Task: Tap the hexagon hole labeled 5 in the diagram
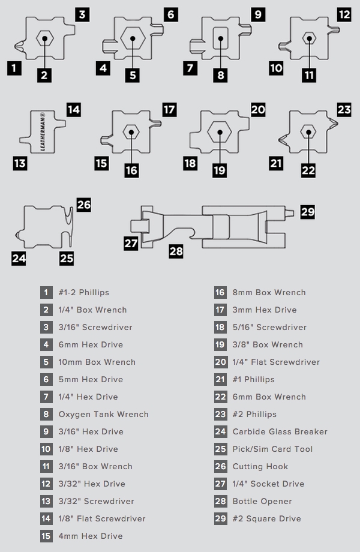click(x=133, y=38)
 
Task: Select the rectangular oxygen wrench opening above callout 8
click(x=220, y=38)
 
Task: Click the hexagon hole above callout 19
click(x=220, y=133)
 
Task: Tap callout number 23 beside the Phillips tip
click(x=344, y=110)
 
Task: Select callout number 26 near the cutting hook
click(x=84, y=205)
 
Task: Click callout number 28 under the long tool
click(x=176, y=251)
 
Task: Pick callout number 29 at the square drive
click(x=308, y=212)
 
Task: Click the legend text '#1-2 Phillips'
click(x=84, y=293)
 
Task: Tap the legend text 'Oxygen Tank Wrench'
click(x=103, y=415)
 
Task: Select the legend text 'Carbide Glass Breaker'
click(x=280, y=432)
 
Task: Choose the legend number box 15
click(x=47, y=536)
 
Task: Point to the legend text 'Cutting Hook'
click(x=260, y=467)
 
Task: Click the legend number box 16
click(x=220, y=293)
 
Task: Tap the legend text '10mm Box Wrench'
click(x=97, y=362)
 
